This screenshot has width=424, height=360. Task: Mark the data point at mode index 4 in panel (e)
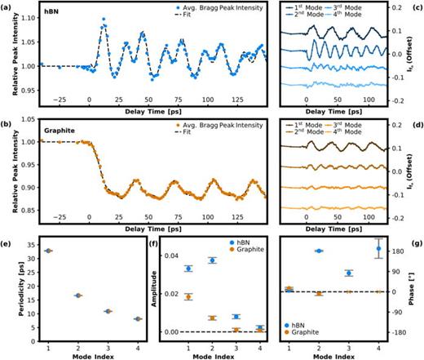(114, 318)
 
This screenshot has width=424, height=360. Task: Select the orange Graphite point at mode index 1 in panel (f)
(166, 296)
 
